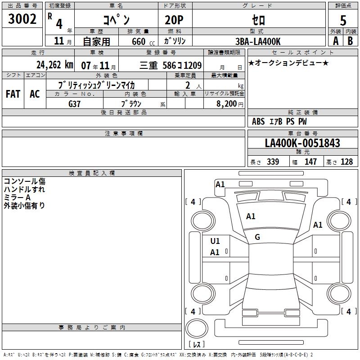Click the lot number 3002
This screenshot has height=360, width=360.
[x=22, y=19]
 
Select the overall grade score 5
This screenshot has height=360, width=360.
[x=343, y=20]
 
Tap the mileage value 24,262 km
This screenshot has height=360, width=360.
[x=55, y=65]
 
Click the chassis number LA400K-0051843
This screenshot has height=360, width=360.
[x=302, y=143]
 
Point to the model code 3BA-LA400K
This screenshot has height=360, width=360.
[x=258, y=41]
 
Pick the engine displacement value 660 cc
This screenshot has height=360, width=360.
[x=143, y=42]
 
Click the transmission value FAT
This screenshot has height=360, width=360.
[x=13, y=94]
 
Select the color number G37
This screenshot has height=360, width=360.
[x=74, y=104]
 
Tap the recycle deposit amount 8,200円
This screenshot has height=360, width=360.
[x=230, y=104]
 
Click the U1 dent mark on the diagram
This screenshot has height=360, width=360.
[x=215, y=241]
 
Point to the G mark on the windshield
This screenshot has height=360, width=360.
[x=257, y=237]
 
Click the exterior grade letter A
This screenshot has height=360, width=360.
[x=336, y=41]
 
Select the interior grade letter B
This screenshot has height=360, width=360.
[x=350, y=41]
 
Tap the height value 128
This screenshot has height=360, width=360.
[x=346, y=162]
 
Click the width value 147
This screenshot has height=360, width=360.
[x=310, y=162]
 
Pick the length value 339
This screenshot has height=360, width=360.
[x=273, y=162]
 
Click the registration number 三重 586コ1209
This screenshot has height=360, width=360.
[x=171, y=65]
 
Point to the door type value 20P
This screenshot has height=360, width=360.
[x=174, y=20]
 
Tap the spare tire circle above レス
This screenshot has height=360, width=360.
[x=197, y=328]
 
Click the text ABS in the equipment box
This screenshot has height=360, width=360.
[x=258, y=121]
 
